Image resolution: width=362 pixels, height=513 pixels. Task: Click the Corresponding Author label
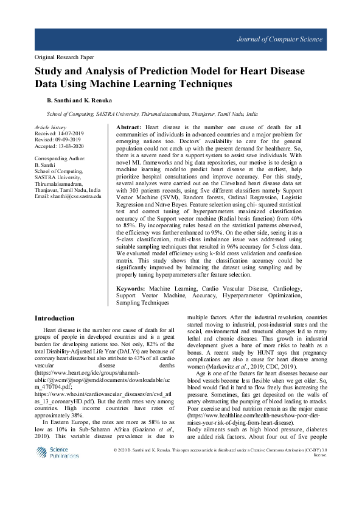click(x=60, y=158)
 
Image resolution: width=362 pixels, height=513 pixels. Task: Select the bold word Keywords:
click(x=131, y=288)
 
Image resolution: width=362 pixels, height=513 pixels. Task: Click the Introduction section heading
click(x=54, y=318)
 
